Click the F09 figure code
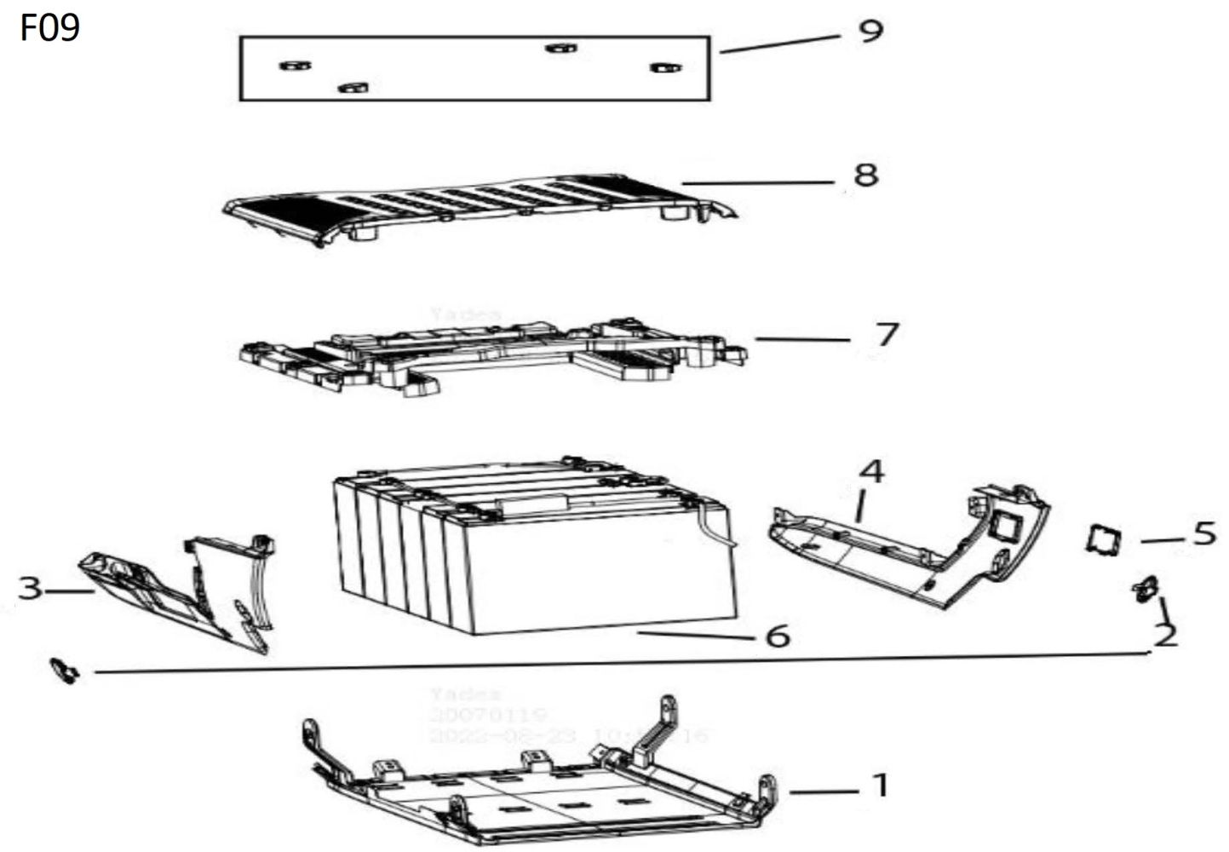(49, 27)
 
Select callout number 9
(870, 32)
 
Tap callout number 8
(865, 176)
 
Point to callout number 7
(887, 334)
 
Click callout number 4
(870, 471)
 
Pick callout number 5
(1204, 534)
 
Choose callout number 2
(1164, 635)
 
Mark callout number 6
(778, 636)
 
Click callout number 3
(30, 588)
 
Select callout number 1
(880, 785)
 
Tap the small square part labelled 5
(1103, 540)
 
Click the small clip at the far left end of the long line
(65, 671)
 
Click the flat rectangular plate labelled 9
(474, 68)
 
